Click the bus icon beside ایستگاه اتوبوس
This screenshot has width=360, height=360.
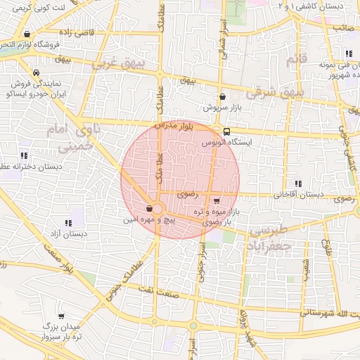coord(226,131)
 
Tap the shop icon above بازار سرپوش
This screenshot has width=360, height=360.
coord(222,98)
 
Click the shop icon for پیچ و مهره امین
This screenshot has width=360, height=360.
coord(149,209)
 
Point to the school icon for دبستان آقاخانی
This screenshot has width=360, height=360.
coord(298,184)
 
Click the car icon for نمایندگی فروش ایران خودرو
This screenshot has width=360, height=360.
coord(36,72)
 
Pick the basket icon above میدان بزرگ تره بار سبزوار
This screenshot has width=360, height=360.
coord(61,316)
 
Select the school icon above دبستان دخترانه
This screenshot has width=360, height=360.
coord(24,155)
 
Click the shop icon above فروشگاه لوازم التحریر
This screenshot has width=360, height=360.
coord(27,34)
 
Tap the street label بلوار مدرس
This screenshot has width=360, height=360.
coord(172,126)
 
